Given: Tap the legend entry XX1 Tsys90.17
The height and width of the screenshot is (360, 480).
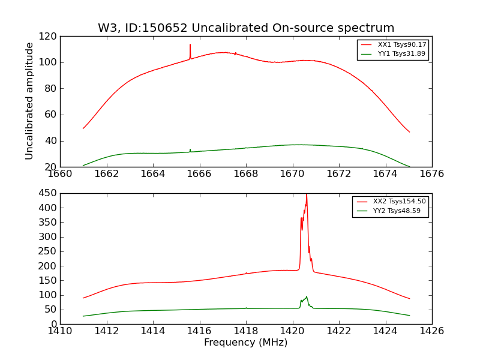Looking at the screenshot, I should point(402,44).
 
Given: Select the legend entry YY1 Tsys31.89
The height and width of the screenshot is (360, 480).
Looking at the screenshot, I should point(402,53).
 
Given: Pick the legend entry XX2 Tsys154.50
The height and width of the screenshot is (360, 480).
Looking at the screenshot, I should point(400,202).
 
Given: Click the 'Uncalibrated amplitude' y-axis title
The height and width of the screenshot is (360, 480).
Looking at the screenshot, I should point(29,101).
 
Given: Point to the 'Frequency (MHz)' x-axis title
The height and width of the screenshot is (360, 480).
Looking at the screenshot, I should point(246,343).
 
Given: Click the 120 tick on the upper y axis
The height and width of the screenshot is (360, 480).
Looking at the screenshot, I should point(49,36).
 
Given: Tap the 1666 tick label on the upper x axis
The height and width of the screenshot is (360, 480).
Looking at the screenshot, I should point(199,173).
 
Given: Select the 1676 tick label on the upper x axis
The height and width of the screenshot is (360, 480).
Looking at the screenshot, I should point(431,173).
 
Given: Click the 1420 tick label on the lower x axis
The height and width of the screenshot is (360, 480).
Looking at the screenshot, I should point(292,331).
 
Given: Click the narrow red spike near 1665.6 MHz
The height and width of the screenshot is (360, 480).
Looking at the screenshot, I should point(190,46).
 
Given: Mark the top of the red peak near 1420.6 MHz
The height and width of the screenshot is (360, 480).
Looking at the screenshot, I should point(307,194).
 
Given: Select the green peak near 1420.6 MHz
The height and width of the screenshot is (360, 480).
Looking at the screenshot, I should point(307,296).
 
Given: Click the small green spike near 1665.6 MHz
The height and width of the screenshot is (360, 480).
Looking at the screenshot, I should point(190,149).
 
